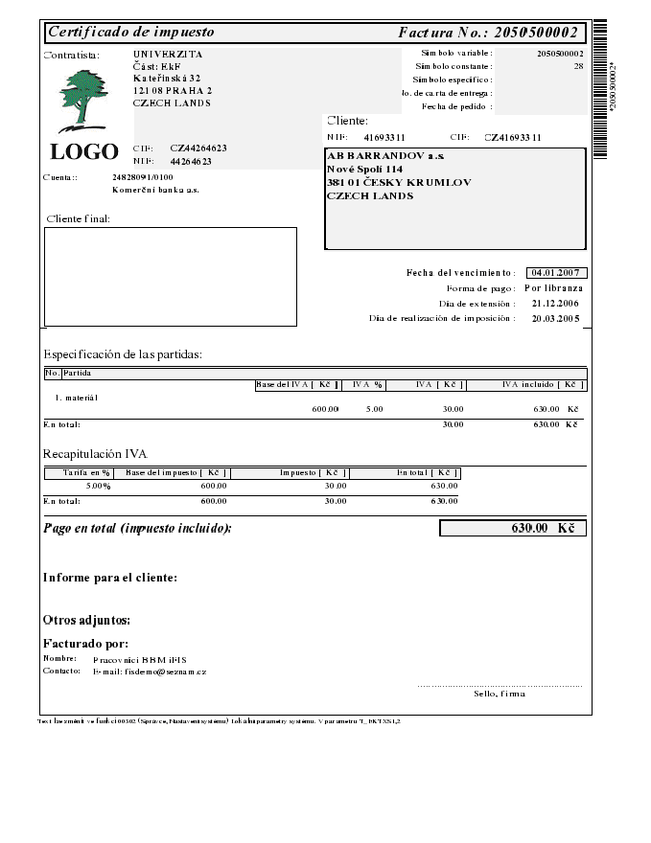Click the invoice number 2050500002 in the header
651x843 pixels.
535,33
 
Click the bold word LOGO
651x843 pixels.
84,152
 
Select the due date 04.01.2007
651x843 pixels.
557,273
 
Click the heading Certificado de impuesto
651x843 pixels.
131,33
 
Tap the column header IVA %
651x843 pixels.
368,384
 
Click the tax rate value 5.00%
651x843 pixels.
98,486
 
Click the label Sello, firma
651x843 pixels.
500,694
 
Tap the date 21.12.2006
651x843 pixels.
555,303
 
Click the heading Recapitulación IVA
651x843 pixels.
95,453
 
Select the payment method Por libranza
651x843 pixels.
554,287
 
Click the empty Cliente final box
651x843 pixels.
171,276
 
